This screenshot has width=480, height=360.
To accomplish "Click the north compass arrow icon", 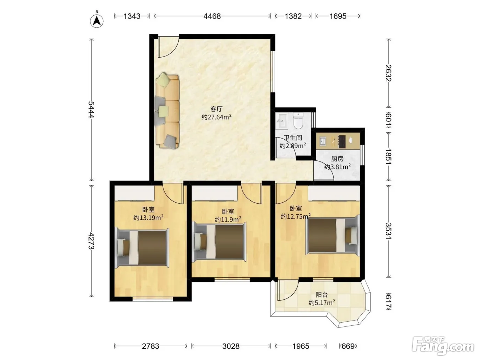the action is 97,21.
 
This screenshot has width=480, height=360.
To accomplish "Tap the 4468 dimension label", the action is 212,16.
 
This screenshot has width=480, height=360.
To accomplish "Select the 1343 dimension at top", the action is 132,16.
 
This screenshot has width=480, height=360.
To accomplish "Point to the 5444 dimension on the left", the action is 91,109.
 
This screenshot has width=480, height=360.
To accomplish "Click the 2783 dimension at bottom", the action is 151,346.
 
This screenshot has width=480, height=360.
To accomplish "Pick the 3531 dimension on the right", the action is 388,231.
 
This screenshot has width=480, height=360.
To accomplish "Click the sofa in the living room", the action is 167,111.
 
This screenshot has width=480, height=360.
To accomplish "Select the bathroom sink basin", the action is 281,120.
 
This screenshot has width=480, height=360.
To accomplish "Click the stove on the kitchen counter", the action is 342,141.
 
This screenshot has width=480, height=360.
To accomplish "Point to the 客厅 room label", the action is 216,109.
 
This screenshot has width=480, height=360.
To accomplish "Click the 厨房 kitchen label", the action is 337,159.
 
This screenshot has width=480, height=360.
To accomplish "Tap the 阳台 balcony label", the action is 322,295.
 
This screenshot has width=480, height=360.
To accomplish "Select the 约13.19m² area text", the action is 148,217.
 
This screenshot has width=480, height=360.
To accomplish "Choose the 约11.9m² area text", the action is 228,219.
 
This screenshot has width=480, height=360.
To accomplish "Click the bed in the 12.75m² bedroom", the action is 333,235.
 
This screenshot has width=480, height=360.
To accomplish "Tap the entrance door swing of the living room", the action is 168,47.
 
